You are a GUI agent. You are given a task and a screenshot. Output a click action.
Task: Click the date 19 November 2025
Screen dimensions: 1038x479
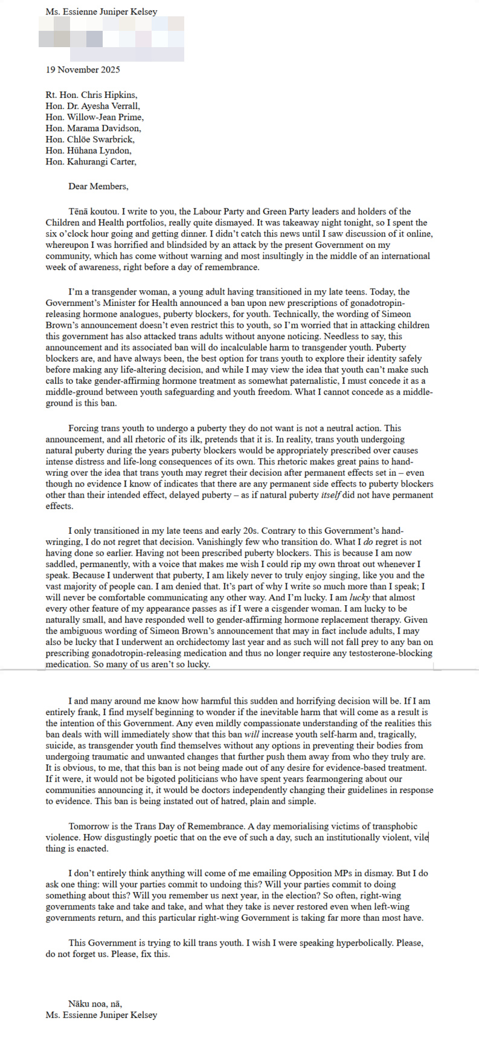tap(83, 70)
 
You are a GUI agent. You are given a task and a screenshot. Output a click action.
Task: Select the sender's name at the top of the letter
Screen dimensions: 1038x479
tap(101, 11)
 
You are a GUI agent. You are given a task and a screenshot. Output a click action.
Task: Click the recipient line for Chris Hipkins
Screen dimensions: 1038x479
tap(91, 95)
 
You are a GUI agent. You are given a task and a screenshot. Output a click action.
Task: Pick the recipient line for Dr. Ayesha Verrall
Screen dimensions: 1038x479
tap(93, 106)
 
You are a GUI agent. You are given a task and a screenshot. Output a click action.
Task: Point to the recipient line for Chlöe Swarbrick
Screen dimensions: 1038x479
tap(89, 139)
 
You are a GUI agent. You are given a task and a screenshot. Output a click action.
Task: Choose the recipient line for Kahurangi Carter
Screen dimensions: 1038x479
tap(91, 161)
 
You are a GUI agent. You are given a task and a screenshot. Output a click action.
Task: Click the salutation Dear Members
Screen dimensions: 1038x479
tap(98, 186)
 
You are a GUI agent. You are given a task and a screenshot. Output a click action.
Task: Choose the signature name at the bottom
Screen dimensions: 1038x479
tap(101, 1015)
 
